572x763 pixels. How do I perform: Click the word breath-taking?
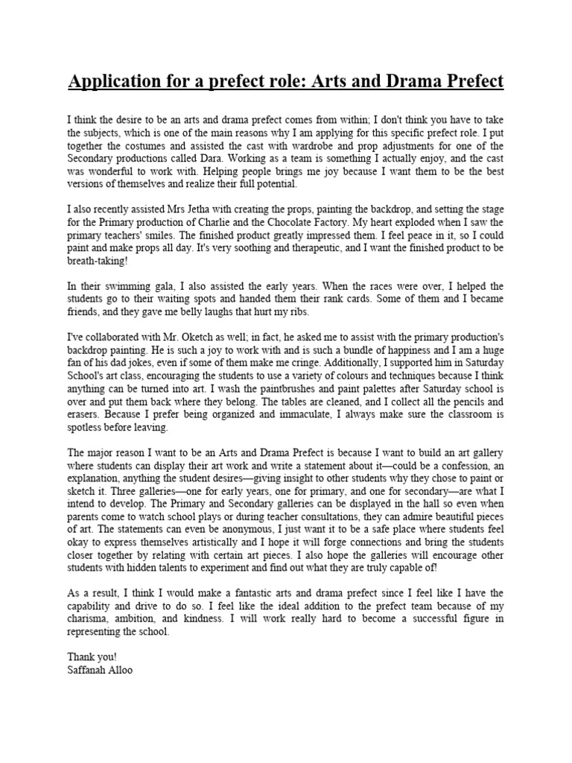click(x=101, y=262)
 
